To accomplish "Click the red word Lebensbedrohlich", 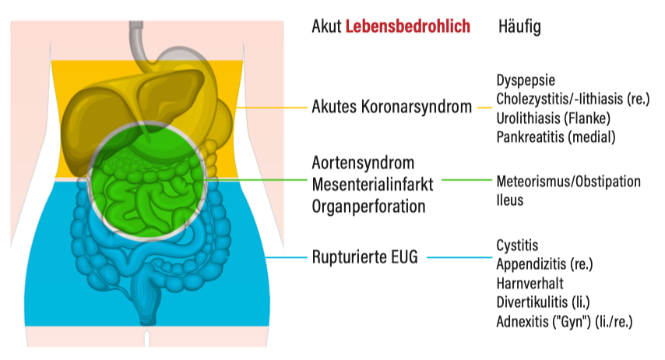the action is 408,26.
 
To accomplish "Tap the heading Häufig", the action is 519,27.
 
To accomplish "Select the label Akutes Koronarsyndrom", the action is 392,107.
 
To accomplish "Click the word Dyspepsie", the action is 526,80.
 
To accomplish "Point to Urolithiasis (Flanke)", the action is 554,118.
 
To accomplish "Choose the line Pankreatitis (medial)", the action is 556,136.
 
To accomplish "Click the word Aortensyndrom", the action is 363,163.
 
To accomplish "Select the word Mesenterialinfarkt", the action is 373,185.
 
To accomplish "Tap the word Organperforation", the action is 369,206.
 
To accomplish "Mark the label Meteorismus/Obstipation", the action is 568,182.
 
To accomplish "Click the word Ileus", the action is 510,200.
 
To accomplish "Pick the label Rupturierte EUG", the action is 365,257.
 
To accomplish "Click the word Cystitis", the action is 517,245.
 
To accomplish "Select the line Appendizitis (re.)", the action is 544,264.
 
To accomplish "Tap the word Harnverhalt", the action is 530,283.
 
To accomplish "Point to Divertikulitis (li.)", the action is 544,302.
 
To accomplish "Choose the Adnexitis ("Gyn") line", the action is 565,321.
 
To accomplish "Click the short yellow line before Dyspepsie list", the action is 485,108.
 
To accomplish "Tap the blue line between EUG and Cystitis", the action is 459,257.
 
